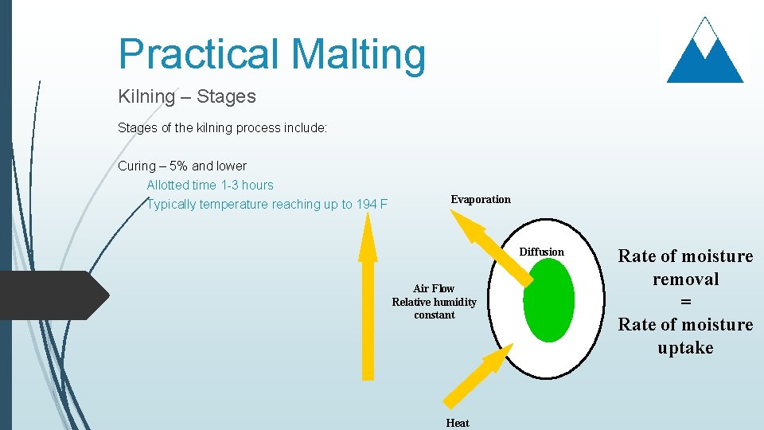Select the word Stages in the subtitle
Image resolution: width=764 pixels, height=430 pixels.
pos(226,97)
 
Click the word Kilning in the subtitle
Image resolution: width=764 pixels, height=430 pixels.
pos(146,97)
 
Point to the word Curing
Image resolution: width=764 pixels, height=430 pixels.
pos(137,166)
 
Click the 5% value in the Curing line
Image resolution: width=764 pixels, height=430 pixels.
pos(179,166)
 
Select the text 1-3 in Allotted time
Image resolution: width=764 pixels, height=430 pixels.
pos(229,185)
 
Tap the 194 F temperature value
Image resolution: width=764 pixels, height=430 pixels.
pos(372,205)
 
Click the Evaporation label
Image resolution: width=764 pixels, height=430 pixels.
pos(481,199)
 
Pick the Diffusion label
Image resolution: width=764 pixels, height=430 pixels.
pos(541,252)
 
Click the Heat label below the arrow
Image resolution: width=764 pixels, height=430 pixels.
pos(458,423)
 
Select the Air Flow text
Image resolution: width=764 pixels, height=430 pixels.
pos(434,288)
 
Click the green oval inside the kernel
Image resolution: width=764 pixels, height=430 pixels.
pos(549,301)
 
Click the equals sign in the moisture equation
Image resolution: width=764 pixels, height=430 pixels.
pos(685,302)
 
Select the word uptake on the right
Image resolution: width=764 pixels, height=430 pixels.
pos(685,347)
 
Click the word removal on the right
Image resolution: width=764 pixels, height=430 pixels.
pos(685,279)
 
